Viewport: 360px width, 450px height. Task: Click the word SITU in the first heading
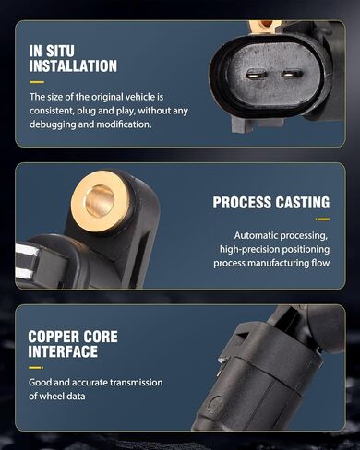coord(60,51)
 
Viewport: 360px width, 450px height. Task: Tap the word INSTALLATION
coord(73,66)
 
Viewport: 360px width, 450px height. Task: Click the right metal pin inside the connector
coord(292,74)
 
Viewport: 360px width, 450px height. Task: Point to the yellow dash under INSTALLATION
coord(37,82)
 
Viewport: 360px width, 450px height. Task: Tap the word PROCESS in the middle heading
coord(242,203)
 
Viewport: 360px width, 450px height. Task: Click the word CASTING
coord(303,203)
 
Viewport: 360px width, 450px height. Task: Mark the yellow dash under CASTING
coord(322,219)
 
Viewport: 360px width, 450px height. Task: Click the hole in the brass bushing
coord(100,201)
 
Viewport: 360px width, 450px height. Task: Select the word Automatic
coord(256,235)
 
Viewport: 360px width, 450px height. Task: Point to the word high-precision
coord(249,249)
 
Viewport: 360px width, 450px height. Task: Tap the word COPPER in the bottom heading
coord(52,337)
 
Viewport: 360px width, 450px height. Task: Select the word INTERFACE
coord(63,351)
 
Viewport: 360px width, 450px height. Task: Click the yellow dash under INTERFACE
coord(36,368)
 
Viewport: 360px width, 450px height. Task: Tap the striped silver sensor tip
coord(27,261)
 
